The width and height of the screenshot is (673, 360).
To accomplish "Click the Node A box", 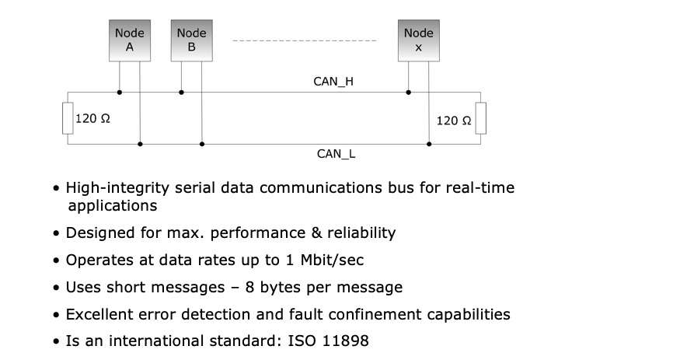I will (130, 40).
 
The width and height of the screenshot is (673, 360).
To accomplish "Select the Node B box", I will (191, 40).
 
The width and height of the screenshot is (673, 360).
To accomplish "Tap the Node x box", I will (418, 40).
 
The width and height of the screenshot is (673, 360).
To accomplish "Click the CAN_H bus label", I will (334, 80).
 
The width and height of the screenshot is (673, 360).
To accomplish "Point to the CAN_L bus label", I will (336, 154).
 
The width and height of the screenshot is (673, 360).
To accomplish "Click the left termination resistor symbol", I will (67, 118).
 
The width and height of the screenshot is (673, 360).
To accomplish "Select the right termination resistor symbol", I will (481, 118).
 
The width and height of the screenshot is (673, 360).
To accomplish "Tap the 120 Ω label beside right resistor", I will (454, 121).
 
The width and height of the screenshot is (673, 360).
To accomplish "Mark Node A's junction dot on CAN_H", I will (120, 93).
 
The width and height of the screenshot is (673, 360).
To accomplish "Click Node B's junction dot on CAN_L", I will (201, 144).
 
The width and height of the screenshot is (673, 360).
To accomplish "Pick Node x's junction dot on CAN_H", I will (409, 93).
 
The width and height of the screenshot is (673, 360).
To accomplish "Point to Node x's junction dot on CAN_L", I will (429, 144).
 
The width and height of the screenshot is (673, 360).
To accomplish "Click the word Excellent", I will (99, 315).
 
